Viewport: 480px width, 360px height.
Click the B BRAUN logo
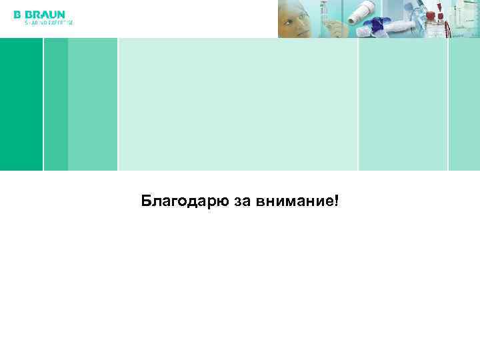39,14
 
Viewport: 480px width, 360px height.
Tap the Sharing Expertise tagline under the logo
49,23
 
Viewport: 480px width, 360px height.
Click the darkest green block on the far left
21,104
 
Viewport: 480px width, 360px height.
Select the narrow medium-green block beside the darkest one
56,104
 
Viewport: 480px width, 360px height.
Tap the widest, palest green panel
238,104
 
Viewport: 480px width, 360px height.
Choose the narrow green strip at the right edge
464,104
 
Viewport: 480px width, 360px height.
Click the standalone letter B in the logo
17,14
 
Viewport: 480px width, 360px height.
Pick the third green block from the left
93,104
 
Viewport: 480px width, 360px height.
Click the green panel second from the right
403,104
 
